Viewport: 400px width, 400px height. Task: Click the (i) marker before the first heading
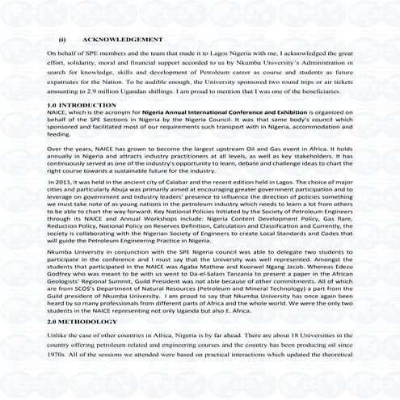pos(61,39)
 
